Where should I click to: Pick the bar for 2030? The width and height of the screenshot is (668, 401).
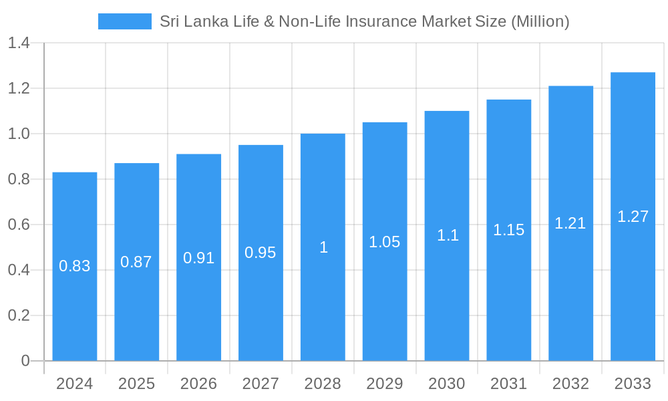pos(447,301)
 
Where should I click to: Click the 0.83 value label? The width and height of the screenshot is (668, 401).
pos(75,266)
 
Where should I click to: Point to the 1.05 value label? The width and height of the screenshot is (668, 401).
pos(385,242)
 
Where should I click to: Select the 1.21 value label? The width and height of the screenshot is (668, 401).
pos(570,223)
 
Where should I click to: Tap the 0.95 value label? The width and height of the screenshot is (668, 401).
pos(261,253)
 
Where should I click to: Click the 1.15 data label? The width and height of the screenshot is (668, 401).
pos(509,230)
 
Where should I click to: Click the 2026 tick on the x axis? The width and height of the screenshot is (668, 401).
pos(198,384)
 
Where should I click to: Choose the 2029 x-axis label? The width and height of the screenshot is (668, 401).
pos(385,384)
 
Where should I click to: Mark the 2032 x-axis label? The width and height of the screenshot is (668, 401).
pos(570,384)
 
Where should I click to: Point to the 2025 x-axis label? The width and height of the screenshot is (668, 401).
pos(136,384)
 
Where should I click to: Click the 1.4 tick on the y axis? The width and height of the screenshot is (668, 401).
pos(19,43)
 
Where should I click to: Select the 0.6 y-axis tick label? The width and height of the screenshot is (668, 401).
pos(19,225)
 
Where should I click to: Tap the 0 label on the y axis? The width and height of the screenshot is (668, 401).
pos(25,361)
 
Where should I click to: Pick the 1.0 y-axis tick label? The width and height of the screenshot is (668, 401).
pos(19,134)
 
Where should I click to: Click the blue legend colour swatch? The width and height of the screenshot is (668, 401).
pos(125,21)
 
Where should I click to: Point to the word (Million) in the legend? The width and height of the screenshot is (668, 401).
pos(540,21)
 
